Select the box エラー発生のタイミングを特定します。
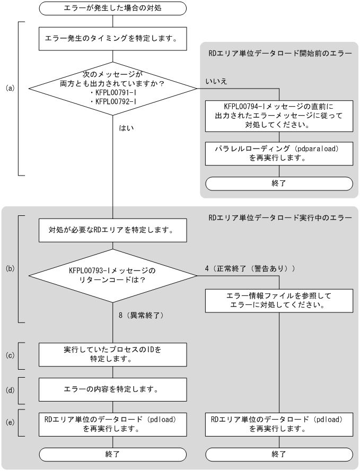(x=113, y=38)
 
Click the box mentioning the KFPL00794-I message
(x=278, y=115)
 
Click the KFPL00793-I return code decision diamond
(x=113, y=275)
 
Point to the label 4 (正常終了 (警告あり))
(x=250, y=269)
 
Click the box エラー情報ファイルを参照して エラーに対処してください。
(x=278, y=300)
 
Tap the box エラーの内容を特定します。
(x=113, y=389)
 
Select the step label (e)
(x=9, y=423)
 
